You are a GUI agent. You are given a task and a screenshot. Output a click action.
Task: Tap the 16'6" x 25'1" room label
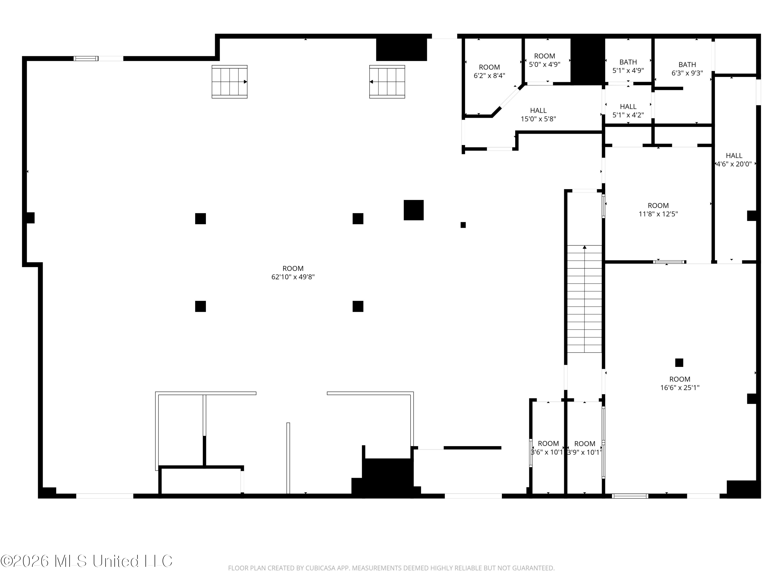point(680,383)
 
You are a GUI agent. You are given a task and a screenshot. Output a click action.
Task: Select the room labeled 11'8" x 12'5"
point(658,210)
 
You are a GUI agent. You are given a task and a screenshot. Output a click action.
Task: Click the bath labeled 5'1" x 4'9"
point(628,66)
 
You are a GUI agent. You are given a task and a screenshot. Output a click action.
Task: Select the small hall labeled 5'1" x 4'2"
point(628,111)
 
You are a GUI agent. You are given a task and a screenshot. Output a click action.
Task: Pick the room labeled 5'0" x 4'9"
point(544,60)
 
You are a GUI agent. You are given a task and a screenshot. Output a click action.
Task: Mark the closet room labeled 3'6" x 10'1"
point(548,448)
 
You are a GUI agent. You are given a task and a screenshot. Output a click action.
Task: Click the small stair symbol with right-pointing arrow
point(229,82)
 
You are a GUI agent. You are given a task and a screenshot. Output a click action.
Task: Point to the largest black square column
point(413,210)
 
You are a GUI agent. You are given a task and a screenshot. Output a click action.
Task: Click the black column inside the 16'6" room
point(679,362)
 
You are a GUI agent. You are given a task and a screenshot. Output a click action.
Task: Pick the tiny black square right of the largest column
point(463,225)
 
